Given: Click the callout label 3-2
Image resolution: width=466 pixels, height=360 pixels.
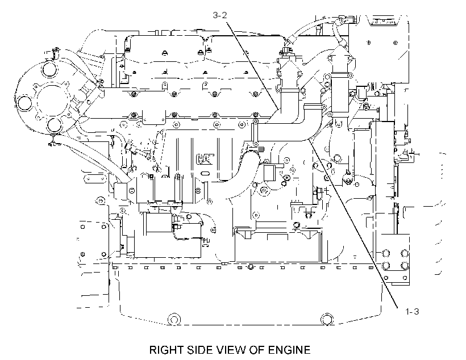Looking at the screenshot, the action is click(x=219, y=15).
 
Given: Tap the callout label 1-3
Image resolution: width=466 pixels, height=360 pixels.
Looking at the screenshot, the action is click(x=412, y=311).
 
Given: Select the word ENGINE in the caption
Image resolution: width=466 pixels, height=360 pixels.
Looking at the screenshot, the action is click(x=289, y=350).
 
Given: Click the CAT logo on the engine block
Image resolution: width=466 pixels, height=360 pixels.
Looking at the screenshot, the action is click(x=205, y=159).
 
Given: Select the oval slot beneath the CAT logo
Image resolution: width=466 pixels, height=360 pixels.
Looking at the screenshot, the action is click(x=205, y=173).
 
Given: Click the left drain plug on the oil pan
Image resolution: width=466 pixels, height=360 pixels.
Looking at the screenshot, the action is click(x=174, y=320).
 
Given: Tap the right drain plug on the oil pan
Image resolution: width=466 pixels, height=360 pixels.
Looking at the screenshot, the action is click(x=327, y=320).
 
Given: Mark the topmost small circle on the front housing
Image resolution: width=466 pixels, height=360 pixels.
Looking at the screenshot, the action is click(x=48, y=70).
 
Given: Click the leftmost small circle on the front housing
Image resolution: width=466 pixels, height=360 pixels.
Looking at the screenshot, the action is click(x=24, y=103).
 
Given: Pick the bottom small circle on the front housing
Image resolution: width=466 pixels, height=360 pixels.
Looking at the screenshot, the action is click(x=54, y=125).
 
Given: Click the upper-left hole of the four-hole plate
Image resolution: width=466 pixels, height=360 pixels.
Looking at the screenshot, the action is click(x=385, y=253).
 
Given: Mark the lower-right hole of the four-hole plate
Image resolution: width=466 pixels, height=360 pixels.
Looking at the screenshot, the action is click(x=405, y=265).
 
